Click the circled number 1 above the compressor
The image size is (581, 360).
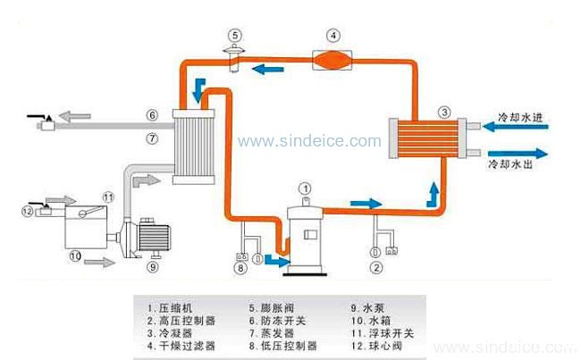point(305,188)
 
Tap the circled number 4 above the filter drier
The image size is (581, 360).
point(333,37)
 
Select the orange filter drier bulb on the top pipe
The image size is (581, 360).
point(332,60)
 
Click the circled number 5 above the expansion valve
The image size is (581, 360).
point(233,36)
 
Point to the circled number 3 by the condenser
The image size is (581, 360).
point(444,113)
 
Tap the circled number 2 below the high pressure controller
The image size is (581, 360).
point(377,265)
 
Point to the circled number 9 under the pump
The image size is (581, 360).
point(152,266)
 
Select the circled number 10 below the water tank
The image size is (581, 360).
point(76,255)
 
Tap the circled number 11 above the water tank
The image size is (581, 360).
point(108,197)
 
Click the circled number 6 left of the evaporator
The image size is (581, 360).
point(152,114)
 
